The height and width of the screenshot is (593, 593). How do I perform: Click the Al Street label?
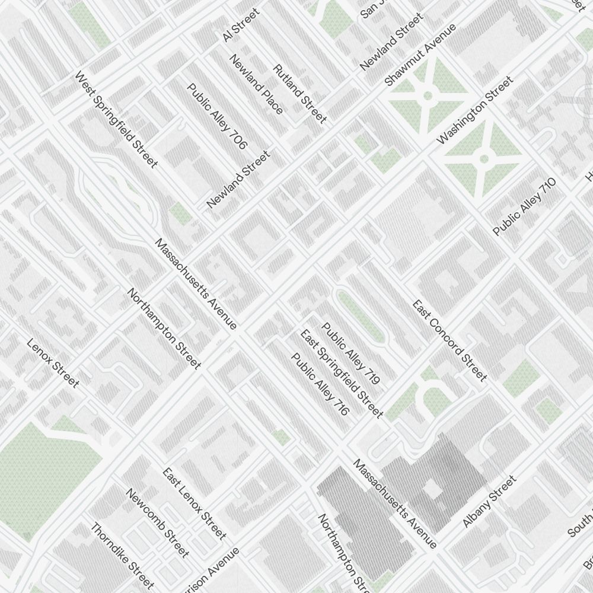point(241,25)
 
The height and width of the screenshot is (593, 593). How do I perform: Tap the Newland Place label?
point(257,84)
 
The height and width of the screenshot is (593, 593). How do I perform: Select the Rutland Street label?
point(299,94)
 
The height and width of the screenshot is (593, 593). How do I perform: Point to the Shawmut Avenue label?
point(420,55)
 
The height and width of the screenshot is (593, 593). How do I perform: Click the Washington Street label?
point(474,111)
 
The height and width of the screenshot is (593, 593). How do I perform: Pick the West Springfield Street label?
point(116,120)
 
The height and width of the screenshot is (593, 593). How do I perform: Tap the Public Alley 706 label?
point(217,116)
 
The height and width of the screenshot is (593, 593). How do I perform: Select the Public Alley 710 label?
point(524,206)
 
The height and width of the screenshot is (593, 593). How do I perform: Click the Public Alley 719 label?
point(350,353)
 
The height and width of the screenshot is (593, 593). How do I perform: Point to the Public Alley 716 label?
point(320,384)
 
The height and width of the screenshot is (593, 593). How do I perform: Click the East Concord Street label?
point(450,341)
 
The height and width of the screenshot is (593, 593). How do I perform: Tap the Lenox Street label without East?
point(53,364)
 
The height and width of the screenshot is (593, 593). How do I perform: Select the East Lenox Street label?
point(195,503)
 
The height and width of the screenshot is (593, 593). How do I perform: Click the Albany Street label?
point(489,501)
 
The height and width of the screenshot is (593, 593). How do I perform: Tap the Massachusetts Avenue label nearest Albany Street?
point(395,503)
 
